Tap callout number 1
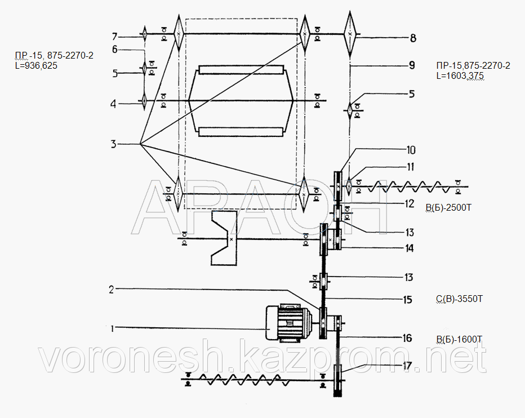[x=113, y=327]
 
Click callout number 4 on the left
[x=114, y=103]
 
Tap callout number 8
[x=413, y=38]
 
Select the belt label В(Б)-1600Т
[x=459, y=339]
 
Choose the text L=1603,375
[x=460, y=75]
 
